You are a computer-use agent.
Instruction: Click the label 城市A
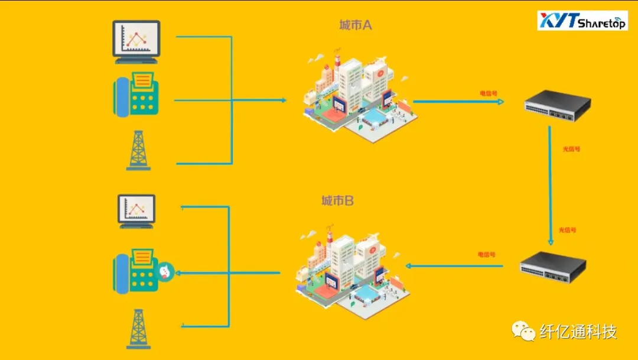(355, 25)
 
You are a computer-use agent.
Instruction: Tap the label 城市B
(337, 201)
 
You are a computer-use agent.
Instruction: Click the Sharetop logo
(582, 21)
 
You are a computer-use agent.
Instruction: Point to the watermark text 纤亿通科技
(578, 332)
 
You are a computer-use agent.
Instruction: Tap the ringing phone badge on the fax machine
(165, 271)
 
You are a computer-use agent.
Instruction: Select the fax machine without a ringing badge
(136, 93)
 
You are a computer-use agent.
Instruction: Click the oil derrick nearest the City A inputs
(138, 151)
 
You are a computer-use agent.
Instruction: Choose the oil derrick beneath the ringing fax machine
(138, 329)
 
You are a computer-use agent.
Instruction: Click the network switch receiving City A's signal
(557, 106)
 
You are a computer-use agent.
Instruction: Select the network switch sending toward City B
(553, 267)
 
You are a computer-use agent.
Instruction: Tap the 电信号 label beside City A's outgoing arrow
(488, 93)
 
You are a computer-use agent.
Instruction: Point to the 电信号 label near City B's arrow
(486, 254)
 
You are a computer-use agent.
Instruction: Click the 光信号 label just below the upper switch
(571, 149)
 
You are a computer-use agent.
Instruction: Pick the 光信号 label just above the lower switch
(567, 230)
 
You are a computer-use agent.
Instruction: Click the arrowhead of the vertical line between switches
(551, 242)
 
